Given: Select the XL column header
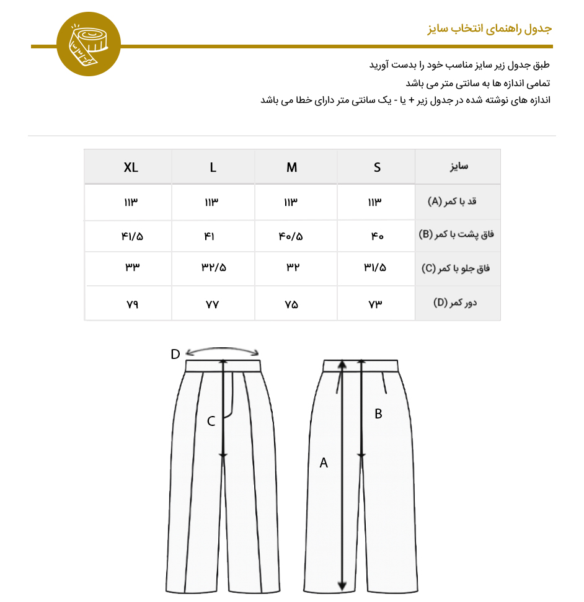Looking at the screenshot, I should point(131,167).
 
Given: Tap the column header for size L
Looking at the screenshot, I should point(213,167).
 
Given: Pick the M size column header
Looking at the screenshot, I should point(291,167).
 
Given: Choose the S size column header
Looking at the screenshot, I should point(377,167).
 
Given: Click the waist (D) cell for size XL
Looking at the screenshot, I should point(131,304).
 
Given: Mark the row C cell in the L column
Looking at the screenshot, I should point(213,268).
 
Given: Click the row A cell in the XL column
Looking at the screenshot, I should point(131,202).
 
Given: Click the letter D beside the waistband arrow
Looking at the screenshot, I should point(175,354).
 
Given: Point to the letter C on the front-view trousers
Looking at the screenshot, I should point(211,422).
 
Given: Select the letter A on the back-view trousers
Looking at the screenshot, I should point(323,463).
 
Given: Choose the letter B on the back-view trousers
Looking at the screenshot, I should point(378,414).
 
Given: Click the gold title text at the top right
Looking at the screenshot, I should point(489,29).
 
